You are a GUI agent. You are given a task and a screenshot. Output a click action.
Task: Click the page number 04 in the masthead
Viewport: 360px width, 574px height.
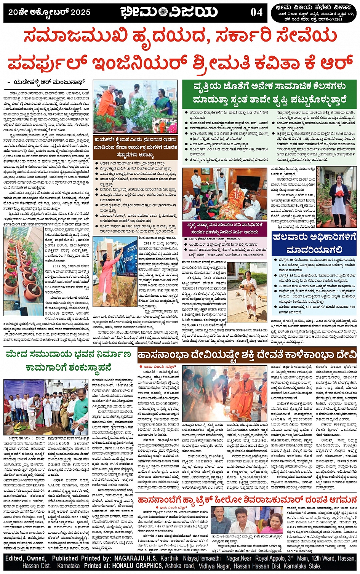point(256,12)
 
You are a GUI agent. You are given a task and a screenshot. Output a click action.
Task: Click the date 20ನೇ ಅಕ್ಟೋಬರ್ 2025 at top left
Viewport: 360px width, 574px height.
point(50,12)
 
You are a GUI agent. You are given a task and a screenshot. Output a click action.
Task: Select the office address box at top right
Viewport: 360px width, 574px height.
point(315,13)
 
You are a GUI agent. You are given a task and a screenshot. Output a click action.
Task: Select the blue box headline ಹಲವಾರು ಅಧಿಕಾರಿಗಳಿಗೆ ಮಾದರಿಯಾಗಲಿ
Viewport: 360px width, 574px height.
point(314,243)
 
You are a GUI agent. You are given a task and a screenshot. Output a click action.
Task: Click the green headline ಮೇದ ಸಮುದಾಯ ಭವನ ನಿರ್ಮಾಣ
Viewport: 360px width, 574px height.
point(69,361)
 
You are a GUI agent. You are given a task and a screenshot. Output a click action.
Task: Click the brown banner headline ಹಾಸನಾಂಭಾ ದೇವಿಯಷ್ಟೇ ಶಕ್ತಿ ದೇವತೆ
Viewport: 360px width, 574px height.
point(247,355)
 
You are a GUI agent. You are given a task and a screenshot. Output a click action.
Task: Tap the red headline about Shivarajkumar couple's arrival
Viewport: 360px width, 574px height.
point(247,499)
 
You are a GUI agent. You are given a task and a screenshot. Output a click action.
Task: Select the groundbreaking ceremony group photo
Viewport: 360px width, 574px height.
point(46,407)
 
